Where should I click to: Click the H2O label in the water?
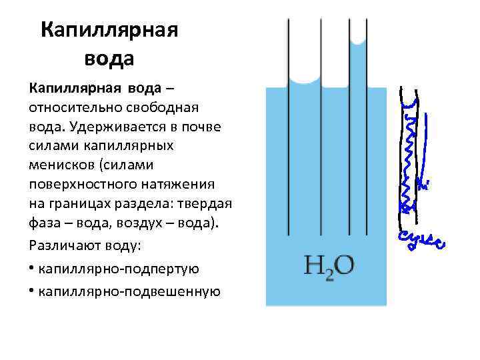point(329,267)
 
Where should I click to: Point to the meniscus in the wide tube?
point(305,80)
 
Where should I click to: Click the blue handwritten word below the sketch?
point(422,241)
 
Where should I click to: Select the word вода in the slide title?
point(109,58)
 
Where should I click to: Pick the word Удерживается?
point(113,126)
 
